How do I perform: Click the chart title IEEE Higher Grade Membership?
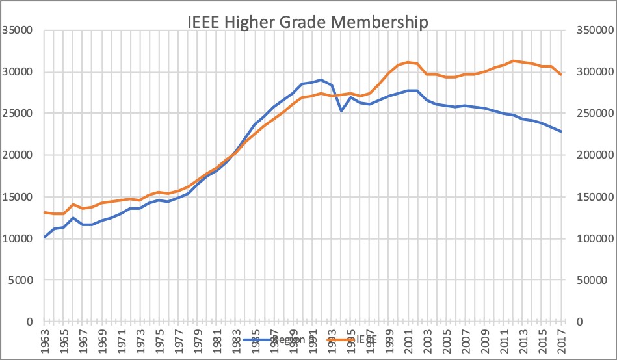point(309,22)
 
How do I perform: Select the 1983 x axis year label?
point(237,341)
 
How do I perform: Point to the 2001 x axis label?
point(409,341)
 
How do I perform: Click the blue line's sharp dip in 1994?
point(341,110)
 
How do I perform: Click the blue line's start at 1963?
point(44,237)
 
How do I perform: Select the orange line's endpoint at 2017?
point(562,75)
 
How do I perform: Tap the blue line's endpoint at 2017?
point(562,131)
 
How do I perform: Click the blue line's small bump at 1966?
point(73,218)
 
